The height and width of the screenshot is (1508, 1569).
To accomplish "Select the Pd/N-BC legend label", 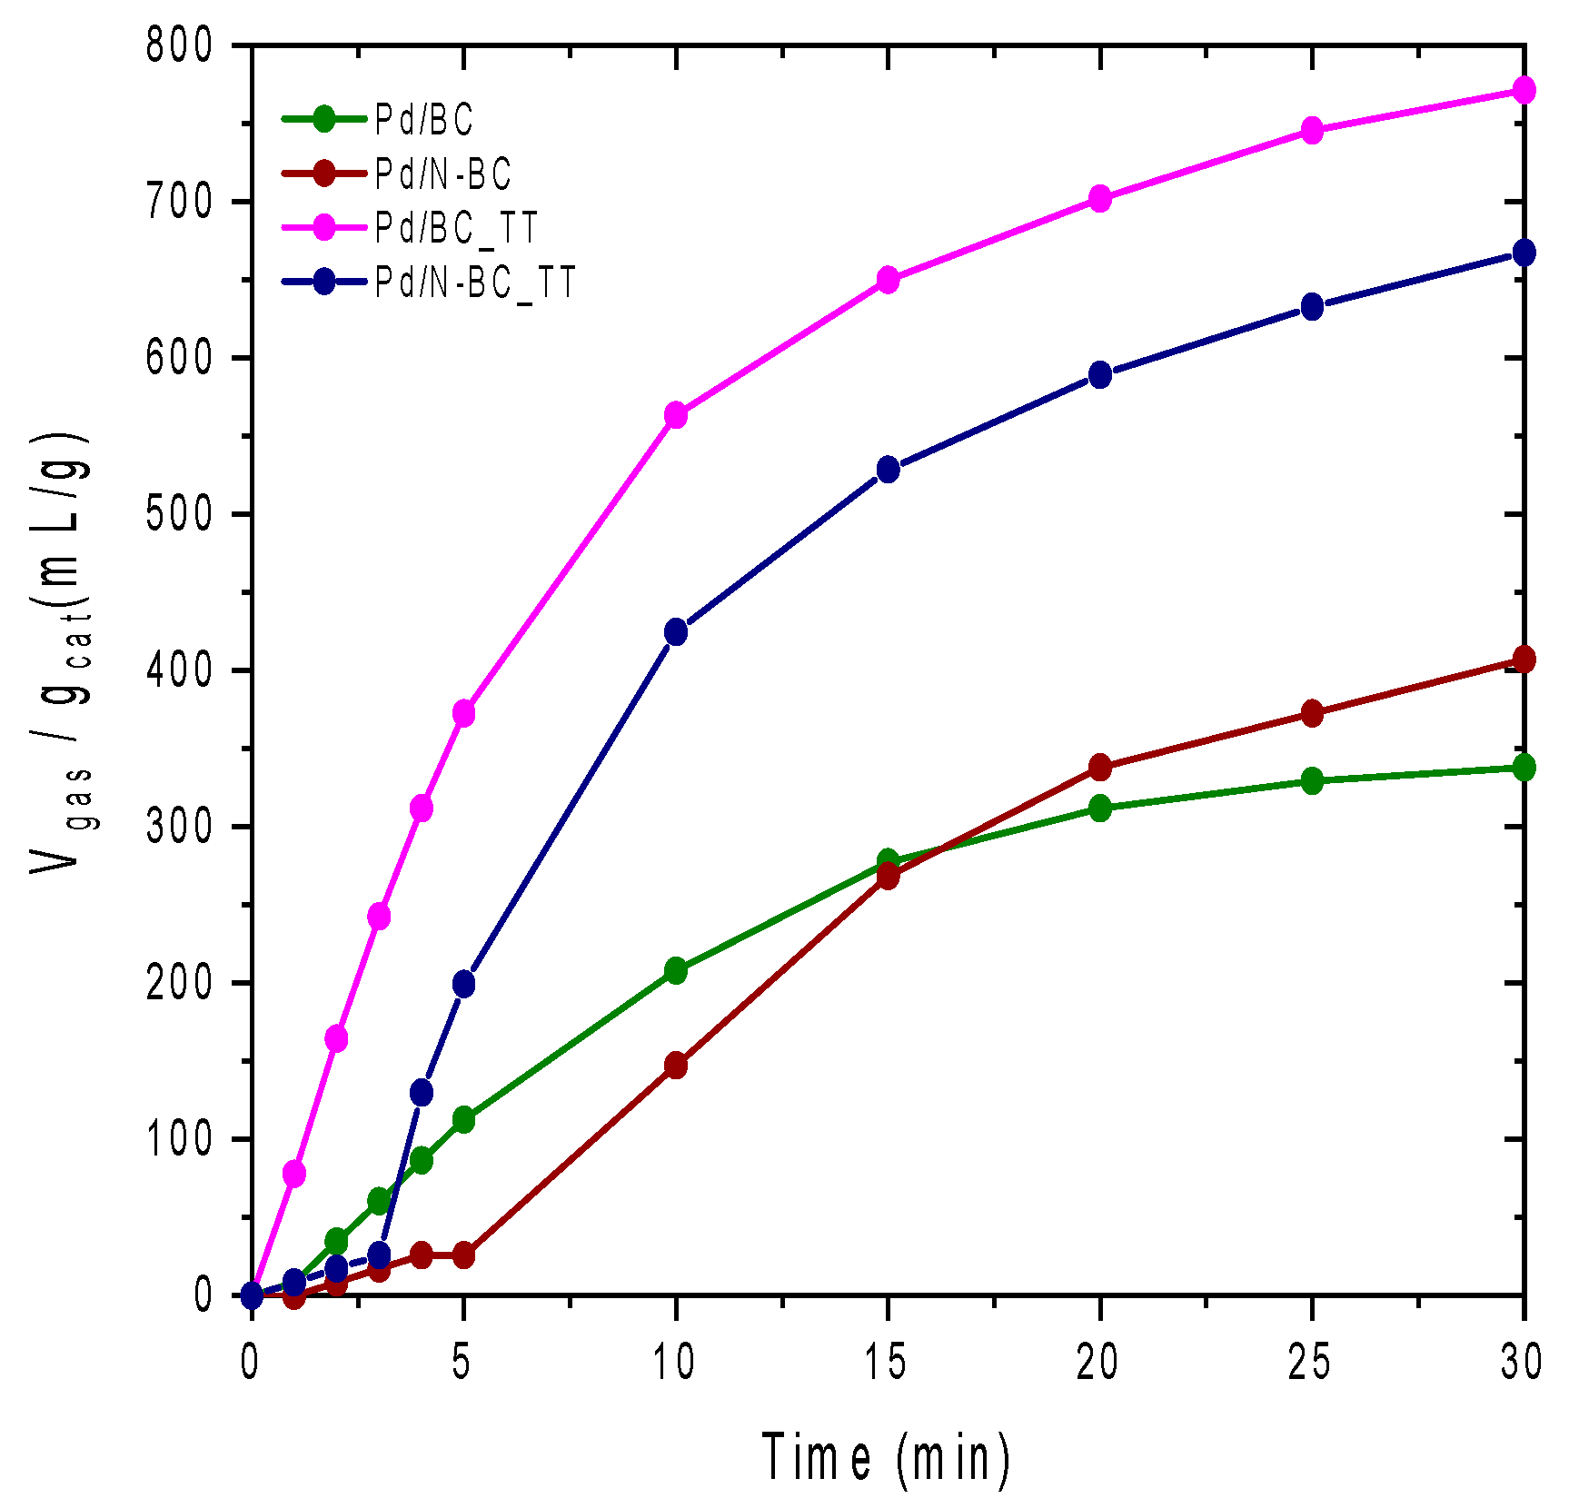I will [443, 174].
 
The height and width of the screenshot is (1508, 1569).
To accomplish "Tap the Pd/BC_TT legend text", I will [457, 228].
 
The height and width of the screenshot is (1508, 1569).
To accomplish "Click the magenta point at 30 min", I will [1524, 90].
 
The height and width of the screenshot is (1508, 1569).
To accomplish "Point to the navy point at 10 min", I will [676, 631].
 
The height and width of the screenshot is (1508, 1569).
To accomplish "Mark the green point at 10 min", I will [676, 970].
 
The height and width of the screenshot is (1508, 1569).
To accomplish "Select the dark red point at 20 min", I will [1100, 767].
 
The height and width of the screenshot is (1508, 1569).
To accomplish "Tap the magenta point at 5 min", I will [464, 713].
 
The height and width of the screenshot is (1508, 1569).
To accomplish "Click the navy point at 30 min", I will [1524, 253].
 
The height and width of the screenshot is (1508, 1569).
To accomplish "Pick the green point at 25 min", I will [1312, 780].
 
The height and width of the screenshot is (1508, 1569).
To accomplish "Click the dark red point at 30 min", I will [1524, 660].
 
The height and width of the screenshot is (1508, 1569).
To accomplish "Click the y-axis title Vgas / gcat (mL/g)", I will [62, 654].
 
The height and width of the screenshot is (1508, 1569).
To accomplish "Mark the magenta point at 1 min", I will [294, 1173].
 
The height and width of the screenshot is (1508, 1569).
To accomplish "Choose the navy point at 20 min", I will [1100, 374].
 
